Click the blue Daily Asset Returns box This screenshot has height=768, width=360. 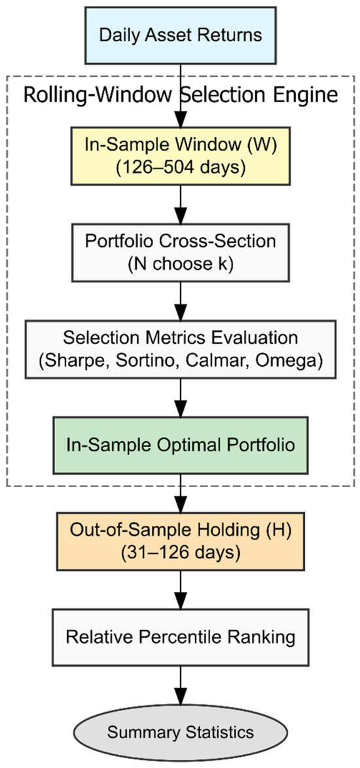pyautogui.click(x=180, y=35)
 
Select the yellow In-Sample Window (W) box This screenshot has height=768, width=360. pyautogui.click(x=180, y=156)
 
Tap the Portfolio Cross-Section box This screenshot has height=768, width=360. pyautogui.click(x=180, y=253)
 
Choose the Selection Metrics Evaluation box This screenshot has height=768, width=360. pyautogui.click(x=180, y=349)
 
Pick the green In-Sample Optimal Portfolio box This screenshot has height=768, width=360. pyautogui.click(x=180, y=445)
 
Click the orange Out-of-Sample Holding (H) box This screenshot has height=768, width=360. pyautogui.click(x=180, y=541)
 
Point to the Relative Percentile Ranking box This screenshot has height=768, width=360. pyautogui.click(x=180, y=637)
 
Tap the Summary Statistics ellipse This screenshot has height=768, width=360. pyautogui.click(x=180, y=733)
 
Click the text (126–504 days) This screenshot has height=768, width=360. pyautogui.click(x=180, y=166)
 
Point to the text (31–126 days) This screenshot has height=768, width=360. pyautogui.click(x=180, y=552)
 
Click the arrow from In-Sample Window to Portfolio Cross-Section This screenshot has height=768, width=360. pyautogui.click(x=180, y=204)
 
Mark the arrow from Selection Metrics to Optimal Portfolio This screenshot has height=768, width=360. pyautogui.click(x=180, y=397)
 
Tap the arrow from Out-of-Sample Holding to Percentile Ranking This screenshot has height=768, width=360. pyautogui.click(x=180, y=590)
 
